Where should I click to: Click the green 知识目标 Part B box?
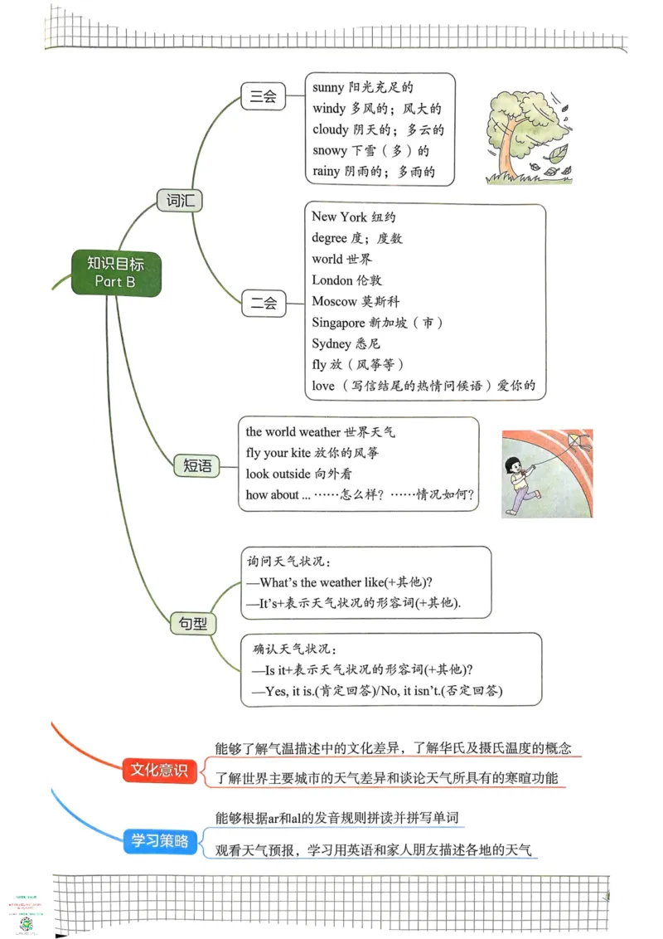coord(115,272)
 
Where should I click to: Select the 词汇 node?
coord(180,200)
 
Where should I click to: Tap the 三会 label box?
coord(263,97)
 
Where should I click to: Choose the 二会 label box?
coord(263,303)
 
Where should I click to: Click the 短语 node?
coord(197,465)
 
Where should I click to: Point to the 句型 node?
coord(193,623)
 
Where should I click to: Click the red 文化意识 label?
coord(160,770)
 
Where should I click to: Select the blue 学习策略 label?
coord(160,841)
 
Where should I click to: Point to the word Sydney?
coord(331,343)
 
